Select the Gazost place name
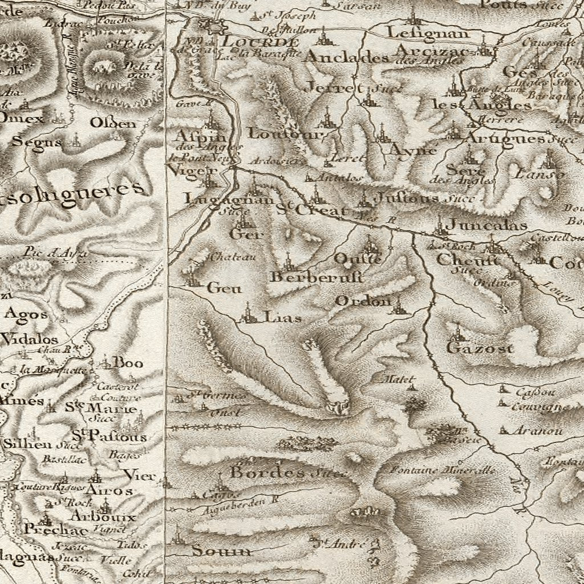[x=480, y=348]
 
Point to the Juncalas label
[x=486, y=225]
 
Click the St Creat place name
[x=311, y=210]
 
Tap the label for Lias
[x=282, y=318]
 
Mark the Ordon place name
[x=363, y=301]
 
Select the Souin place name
[x=221, y=551]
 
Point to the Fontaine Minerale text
[x=442, y=471]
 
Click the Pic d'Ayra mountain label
[x=55, y=252]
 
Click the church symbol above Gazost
[x=456, y=332]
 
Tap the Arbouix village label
[x=104, y=517]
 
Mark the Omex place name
[x=22, y=119]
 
